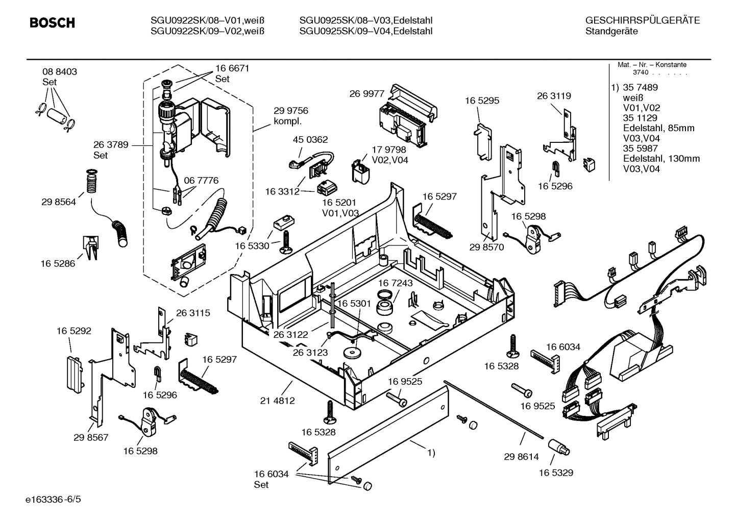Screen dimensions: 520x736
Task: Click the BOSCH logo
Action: click(53, 23)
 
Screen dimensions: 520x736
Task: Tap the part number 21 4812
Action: click(277, 401)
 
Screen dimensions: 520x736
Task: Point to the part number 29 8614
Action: click(521, 457)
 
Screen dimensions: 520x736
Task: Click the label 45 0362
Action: click(310, 139)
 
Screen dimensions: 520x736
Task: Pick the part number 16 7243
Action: click(395, 283)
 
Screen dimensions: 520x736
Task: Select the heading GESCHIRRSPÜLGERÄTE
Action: click(642, 21)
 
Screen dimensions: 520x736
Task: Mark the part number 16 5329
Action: click(556, 473)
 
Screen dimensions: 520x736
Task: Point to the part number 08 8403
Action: click(60, 72)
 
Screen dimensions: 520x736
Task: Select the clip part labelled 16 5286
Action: click(90, 248)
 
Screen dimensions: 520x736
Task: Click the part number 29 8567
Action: click(91, 438)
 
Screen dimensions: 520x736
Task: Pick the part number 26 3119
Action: click(554, 96)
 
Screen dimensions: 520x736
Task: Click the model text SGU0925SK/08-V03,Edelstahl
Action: click(366, 20)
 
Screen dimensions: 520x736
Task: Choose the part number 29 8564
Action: click(59, 202)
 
